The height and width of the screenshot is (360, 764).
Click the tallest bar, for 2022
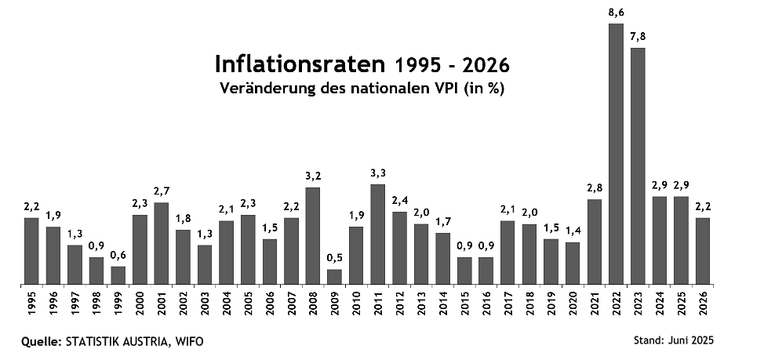pyautogui.click(x=616, y=154)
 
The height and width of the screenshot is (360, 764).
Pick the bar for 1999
pyautogui.click(x=118, y=275)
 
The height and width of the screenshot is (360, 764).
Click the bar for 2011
pyautogui.click(x=377, y=234)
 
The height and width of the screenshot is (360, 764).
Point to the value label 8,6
pyautogui.click(x=616, y=13)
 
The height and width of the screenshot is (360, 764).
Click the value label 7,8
pyautogui.click(x=638, y=37)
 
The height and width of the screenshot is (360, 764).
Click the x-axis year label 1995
pyautogui.click(x=31, y=304)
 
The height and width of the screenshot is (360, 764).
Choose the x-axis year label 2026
pyautogui.click(x=703, y=304)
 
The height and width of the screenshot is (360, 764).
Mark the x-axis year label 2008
pyautogui.click(x=312, y=304)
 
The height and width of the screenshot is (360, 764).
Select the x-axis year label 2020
pyautogui.click(x=573, y=304)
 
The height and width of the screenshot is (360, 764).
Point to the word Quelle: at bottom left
pyautogui.click(x=45, y=341)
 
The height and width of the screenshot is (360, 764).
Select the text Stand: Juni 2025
pyautogui.click(x=673, y=340)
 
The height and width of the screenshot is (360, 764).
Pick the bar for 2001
pyautogui.click(x=161, y=243)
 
